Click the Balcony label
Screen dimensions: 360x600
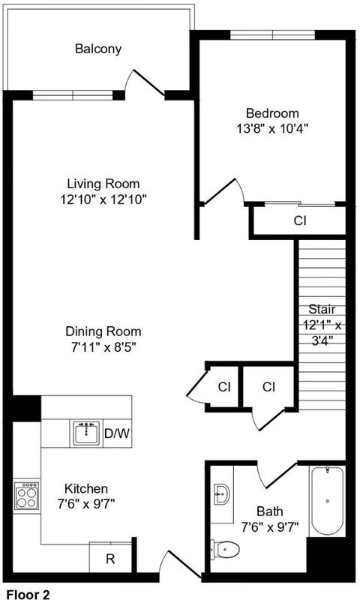click(x=98, y=49)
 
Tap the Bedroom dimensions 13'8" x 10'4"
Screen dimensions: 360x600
click(x=272, y=128)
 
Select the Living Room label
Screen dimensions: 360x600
click(x=103, y=184)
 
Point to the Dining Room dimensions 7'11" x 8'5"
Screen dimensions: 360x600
click(x=103, y=347)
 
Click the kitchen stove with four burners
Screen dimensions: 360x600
click(x=27, y=496)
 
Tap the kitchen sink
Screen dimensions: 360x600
click(x=86, y=433)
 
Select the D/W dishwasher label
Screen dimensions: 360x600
click(x=117, y=434)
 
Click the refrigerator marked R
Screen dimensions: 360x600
click(x=110, y=558)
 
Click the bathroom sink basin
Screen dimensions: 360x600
click(x=221, y=494)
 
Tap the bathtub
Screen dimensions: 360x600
click(x=328, y=500)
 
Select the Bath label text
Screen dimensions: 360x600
click(x=270, y=511)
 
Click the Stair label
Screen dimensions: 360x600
click(x=322, y=309)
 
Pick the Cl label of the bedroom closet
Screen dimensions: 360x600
click(x=300, y=220)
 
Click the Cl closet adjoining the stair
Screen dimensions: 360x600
click(x=269, y=387)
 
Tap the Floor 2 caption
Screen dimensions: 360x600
click(x=28, y=594)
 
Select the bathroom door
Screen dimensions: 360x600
click(x=277, y=475)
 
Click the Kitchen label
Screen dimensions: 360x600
click(x=86, y=489)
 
